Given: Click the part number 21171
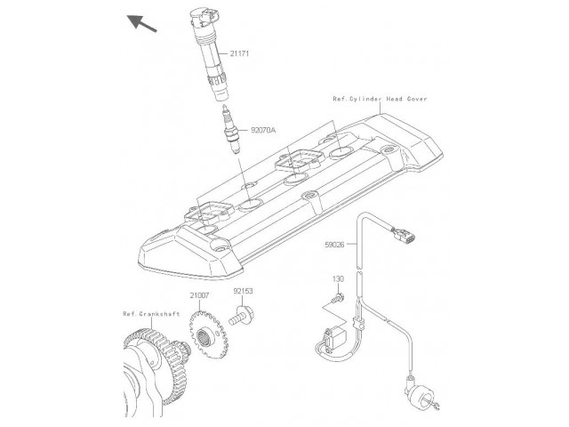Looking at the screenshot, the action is [x=240, y=53].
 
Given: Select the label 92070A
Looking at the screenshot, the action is [x=263, y=130].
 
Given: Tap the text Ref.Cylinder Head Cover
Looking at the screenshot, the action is [x=380, y=99].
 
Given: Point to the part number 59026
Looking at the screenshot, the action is [x=334, y=245].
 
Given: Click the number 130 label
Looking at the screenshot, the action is [x=338, y=279].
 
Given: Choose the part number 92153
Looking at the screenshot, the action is [x=243, y=291].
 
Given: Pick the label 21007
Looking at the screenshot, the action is [x=199, y=295].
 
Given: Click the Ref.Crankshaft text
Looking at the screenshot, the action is [x=151, y=314].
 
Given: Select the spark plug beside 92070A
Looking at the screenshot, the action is [x=231, y=129].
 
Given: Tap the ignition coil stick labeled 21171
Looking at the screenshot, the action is [x=211, y=54].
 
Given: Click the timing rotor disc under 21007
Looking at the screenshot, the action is [x=208, y=334].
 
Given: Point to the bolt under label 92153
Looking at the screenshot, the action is [x=241, y=316].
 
